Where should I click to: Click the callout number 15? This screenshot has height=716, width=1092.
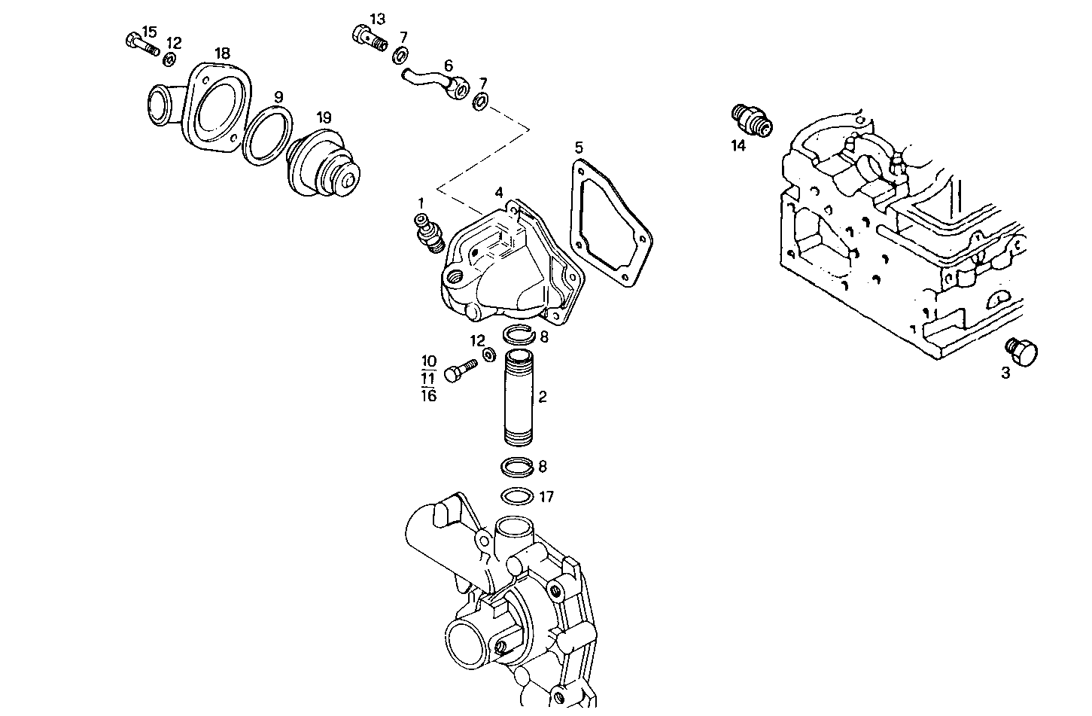(149, 32)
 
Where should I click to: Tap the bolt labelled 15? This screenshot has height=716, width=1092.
(141, 44)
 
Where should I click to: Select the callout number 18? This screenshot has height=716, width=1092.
(222, 53)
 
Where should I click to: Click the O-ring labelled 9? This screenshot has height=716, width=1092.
(267, 136)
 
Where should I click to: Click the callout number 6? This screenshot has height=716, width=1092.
(448, 66)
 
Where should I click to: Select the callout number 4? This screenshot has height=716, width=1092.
(499, 193)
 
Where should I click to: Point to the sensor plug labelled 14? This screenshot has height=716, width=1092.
(751, 120)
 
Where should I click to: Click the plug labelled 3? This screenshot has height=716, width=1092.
(1022, 351)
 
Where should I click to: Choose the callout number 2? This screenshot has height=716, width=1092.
(542, 397)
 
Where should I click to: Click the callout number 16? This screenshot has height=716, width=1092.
(428, 395)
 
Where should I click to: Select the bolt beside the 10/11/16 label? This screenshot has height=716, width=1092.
(460, 370)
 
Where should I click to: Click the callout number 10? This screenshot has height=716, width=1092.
(429, 361)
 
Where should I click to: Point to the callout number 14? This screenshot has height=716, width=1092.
(738, 146)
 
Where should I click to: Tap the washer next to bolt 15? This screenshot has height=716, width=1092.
(170, 59)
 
